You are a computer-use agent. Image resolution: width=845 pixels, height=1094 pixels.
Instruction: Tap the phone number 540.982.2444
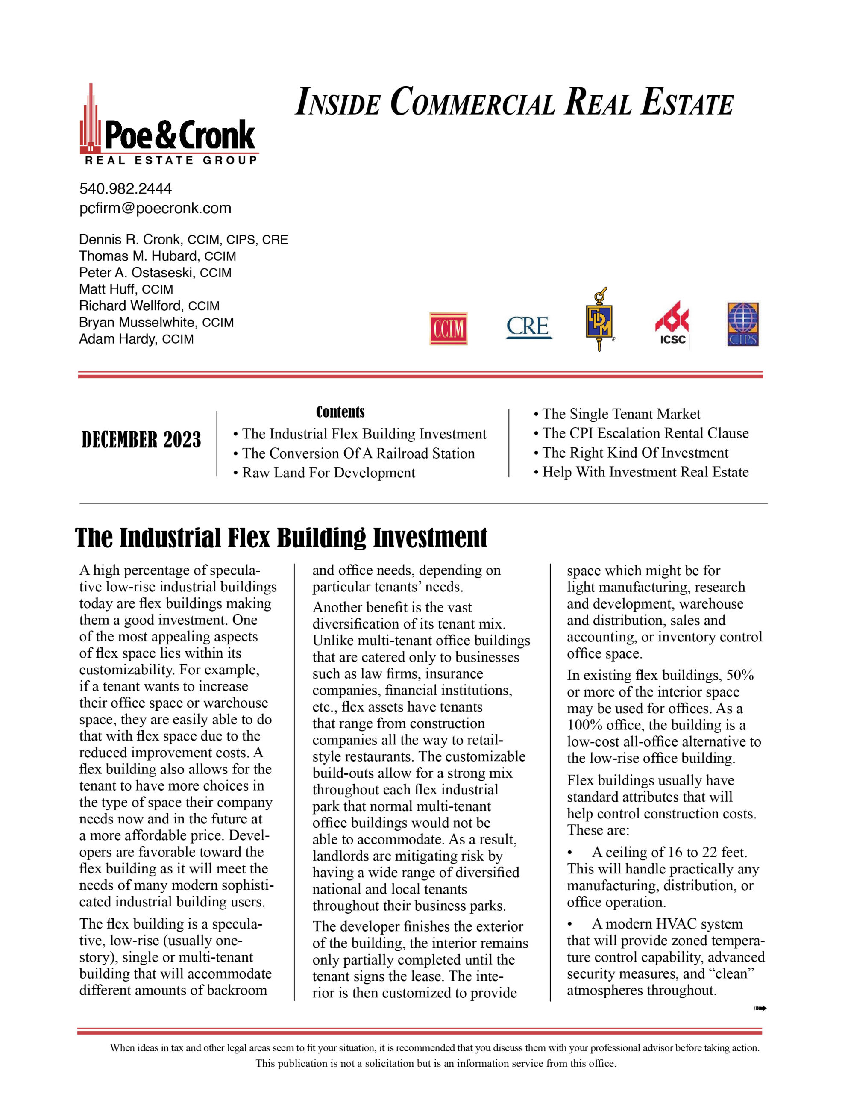(125, 189)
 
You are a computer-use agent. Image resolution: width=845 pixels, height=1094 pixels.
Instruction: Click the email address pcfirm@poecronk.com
(155, 209)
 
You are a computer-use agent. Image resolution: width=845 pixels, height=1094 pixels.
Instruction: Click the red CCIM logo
(448, 329)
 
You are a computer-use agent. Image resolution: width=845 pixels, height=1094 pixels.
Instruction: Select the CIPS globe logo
(743, 324)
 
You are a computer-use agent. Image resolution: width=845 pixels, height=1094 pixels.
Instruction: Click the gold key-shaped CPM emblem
(599, 321)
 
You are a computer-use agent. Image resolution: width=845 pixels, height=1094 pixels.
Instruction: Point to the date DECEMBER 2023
(141, 440)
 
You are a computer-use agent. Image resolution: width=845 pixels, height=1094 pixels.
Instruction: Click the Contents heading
(340, 412)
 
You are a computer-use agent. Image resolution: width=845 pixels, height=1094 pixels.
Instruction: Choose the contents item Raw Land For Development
(329, 473)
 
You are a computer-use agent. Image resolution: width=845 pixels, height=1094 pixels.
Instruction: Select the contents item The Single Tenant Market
(621, 414)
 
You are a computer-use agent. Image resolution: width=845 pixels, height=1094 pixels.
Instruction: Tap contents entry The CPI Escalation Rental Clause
(645, 433)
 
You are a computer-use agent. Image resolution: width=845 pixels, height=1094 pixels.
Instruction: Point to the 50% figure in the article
(740, 675)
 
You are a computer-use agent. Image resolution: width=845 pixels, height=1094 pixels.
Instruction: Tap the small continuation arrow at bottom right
(760, 1009)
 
